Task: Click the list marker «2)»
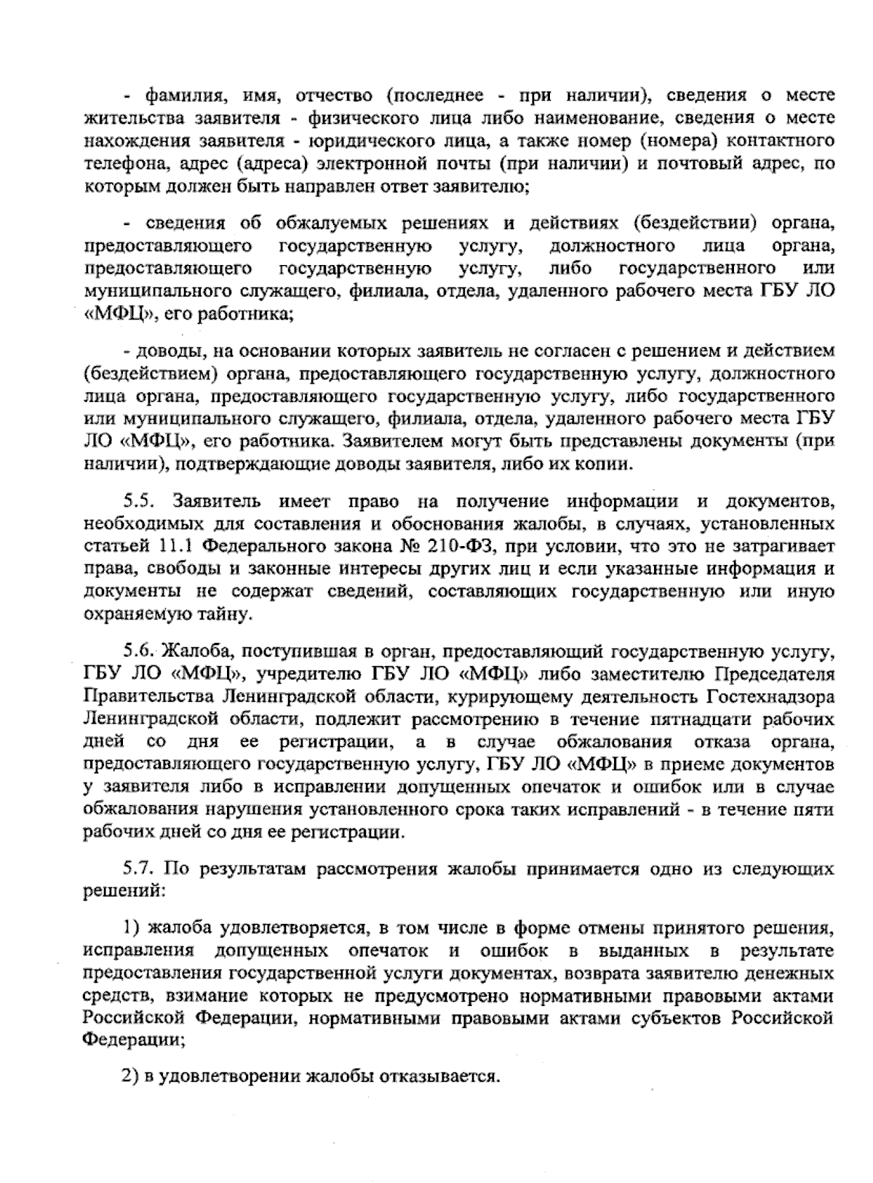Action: click(x=131, y=1075)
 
